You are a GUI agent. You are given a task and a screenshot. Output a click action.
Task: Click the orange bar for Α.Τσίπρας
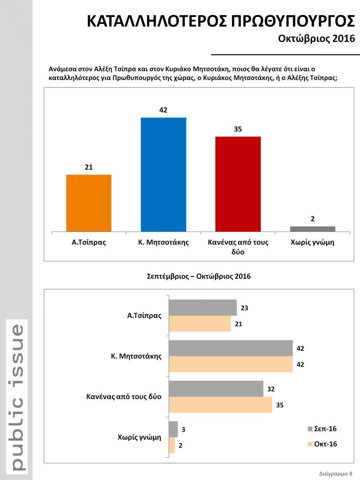coord(88,203)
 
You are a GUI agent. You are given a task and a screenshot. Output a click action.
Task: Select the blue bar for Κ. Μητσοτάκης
coord(163,174)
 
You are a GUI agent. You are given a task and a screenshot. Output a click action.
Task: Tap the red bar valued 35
coord(238,184)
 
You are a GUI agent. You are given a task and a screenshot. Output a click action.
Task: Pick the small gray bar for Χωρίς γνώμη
coord(312,229)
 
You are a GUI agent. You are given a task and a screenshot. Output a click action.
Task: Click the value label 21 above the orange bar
coord(88,167)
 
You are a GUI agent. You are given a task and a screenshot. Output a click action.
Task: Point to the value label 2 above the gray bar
coord(313,219)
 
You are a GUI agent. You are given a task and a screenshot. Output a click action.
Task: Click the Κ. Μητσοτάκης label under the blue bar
coord(163,243)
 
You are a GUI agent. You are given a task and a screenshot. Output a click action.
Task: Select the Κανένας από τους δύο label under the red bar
coord(238,247)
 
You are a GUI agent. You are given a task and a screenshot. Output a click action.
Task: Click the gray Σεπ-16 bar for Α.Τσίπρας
coord(203,308)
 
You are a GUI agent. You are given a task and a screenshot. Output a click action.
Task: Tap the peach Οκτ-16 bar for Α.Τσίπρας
coord(200,324)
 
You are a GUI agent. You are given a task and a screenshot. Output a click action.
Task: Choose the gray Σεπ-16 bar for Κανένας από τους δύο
coord(216,388)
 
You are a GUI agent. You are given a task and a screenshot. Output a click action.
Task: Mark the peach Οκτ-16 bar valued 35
coord(220,404)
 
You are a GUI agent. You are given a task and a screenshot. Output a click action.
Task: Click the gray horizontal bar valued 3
coord(173,429)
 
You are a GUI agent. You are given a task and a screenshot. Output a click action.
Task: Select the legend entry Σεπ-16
coord(321,429)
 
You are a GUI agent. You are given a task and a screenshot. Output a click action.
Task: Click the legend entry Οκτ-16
coord(321,444)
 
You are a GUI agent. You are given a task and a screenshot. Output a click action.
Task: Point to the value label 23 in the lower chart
coord(245,307)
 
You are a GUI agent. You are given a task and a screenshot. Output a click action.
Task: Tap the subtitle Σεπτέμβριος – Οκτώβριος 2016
coord(199,276)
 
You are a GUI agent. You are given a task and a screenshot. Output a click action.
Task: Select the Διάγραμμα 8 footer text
coord(336,473)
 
